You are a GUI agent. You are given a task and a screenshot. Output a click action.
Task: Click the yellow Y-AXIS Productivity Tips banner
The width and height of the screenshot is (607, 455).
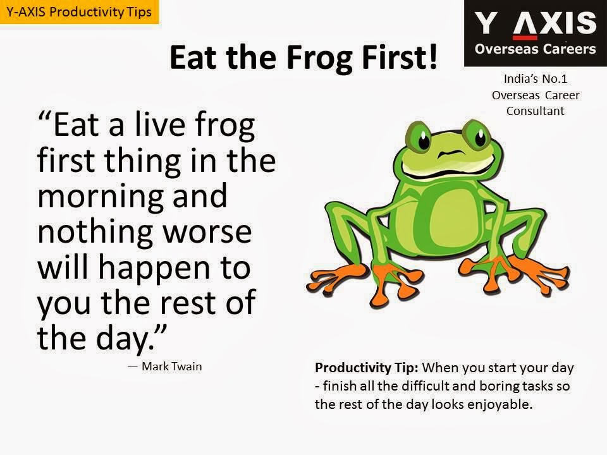pyautogui.click(x=79, y=11)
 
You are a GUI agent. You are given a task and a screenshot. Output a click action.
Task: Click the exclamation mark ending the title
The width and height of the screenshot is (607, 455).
pyautogui.click(x=432, y=57)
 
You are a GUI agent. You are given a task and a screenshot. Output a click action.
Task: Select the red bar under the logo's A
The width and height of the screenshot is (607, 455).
pyautogui.click(x=525, y=37)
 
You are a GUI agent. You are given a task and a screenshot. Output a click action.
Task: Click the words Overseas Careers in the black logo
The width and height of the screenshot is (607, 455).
pyautogui.click(x=535, y=49)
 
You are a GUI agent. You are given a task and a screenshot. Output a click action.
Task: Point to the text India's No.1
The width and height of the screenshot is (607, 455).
pyautogui.click(x=536, y=78)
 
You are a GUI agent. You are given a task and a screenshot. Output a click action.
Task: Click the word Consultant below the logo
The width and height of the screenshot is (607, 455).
pyautogui.click(x=535, y=111)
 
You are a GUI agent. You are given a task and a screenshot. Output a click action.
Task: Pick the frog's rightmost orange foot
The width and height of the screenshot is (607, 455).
pyautogui.click(x=542, y=272)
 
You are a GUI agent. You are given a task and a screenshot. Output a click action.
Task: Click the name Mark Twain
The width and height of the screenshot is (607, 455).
pyautogui.click(x=171, y=367)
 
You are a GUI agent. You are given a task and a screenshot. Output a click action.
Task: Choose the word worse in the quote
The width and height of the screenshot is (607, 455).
pyautogui.click(x=207, y=232)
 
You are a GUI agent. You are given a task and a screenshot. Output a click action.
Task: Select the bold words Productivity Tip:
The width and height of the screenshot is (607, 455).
pyautogui.click(x=367, y=368)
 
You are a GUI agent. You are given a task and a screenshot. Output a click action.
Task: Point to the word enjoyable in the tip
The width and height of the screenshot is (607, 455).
pyautogui.click(x=500, y=404)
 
